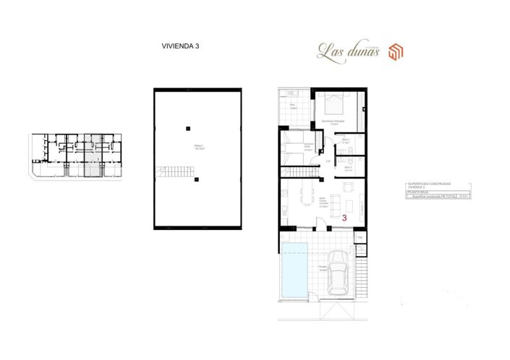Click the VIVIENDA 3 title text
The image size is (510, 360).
coord(180,46)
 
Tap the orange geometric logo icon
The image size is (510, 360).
coord(396,51)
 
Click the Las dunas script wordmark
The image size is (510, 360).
coord(349,51)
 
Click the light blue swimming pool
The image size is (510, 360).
coord(294,271)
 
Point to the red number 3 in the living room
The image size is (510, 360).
coord(344,216)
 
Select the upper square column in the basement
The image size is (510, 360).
coord(187,128)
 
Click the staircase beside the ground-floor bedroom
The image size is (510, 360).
coord(302,172)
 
